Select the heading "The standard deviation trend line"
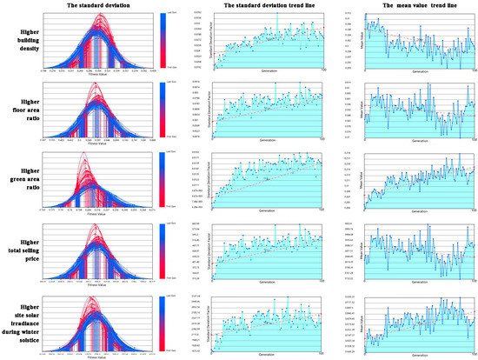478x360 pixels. (x=265, y=5)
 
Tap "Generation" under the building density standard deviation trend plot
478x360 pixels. (x=265, y=72)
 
